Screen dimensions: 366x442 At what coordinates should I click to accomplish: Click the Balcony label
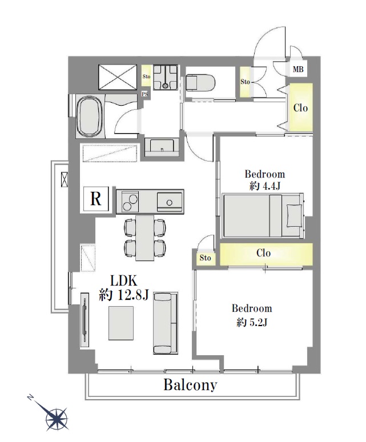[x=191, y=385]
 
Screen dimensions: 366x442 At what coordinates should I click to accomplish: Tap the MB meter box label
[x=298, y=69]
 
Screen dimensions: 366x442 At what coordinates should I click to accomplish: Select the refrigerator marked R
[x=96, y=199]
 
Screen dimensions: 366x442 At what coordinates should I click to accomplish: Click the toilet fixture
[x=200, y=82]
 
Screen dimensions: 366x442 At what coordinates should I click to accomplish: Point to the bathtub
[x=89, y=116]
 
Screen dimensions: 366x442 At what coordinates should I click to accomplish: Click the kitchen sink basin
[x=170, y=201]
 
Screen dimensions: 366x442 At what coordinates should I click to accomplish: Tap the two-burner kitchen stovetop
[x=130, y=202]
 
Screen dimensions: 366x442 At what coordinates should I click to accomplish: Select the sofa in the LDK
[x=166, y=323]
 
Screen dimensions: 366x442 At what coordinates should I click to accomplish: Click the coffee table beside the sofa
[x=121, y=323]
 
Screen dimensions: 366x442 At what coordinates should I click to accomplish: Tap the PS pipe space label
[x=145, y=94]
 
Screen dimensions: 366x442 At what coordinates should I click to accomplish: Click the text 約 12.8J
[x=124, y=295]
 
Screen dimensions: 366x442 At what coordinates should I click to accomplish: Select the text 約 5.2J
[x=252, y=322]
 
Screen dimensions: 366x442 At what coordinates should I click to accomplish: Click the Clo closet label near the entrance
[x=301, y=108]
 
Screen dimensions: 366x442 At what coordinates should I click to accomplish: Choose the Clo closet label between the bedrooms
[x=264, y=253]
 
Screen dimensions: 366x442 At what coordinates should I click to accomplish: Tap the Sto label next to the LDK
[x=205, y=258]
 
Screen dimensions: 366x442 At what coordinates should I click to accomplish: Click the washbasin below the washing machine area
[x=162, y=147]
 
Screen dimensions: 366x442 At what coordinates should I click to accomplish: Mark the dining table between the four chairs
[x=145, y=238]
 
